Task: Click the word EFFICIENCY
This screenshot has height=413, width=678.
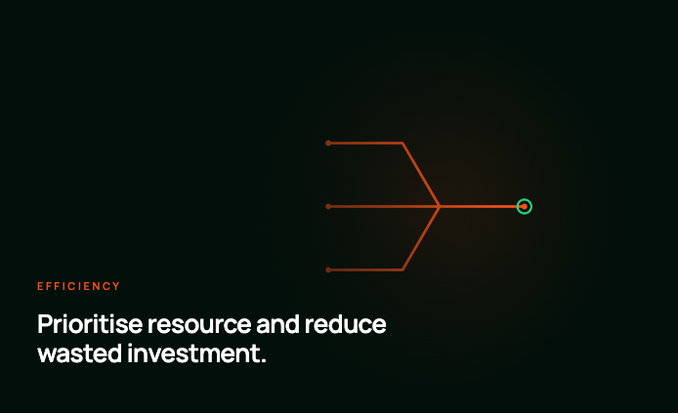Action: click(78, 286)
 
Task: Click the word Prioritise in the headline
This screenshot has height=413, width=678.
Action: click(90, 324)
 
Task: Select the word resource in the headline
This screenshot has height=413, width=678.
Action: click(199, 325)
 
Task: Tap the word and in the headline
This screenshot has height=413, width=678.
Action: click(277, 324)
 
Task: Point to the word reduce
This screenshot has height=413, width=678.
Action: click(346, 324)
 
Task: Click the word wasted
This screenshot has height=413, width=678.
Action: click(79, 353)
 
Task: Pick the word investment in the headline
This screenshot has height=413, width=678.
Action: click(193, 353)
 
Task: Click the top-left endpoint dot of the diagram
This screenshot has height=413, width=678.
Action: click(328, 143)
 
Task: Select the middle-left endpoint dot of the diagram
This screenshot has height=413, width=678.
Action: click(328, 207)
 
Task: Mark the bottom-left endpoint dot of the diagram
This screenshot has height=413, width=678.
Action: click(328, 270)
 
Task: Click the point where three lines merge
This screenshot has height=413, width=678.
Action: click(440, 207)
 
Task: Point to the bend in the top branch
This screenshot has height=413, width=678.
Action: click(403, 143)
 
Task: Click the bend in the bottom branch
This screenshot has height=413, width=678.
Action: click(403, 270)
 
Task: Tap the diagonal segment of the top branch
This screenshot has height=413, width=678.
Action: click(421, 175)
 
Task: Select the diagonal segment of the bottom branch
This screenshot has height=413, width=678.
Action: click(421, 238)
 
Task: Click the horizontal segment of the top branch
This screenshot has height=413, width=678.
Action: click(365, 143)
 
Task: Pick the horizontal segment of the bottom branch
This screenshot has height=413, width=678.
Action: click(365, 270)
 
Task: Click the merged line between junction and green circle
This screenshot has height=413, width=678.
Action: click(479, 207)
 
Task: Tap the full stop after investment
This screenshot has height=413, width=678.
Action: click(264, 361)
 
